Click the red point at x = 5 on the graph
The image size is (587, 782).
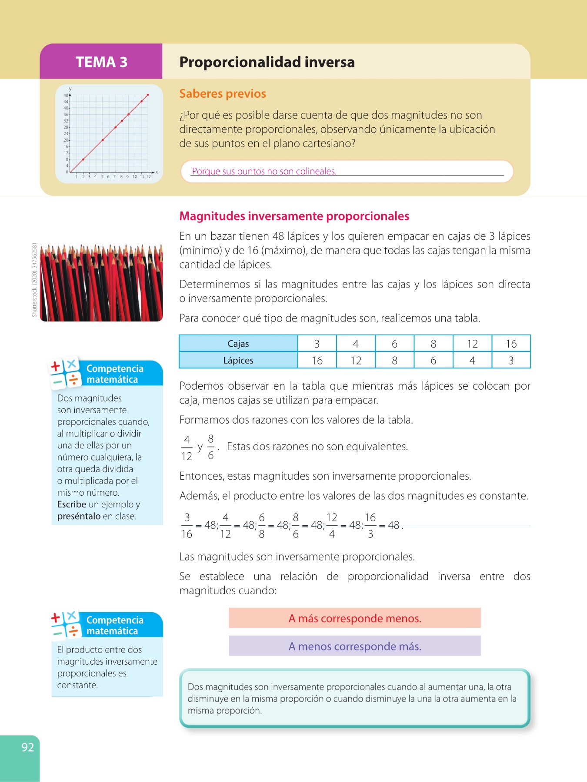pos(103,140)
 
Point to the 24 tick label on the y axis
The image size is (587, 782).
pos(66,134)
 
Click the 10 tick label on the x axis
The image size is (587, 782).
pos(135,177)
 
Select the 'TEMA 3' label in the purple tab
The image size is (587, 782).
pos(101,62)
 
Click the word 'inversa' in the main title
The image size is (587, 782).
pos(329,62)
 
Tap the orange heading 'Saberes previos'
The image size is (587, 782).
pos(223,94)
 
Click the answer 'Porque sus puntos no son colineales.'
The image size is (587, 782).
pos(264,171)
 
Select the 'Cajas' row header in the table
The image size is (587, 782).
pos(238,344)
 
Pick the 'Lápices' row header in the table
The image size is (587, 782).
pos(238,360)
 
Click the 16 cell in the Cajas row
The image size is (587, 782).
pos(511,344)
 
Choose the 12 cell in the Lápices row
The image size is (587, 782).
pos(356,360)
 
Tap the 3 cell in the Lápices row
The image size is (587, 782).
pos(511,360)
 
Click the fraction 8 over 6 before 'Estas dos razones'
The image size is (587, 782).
pos(211,447)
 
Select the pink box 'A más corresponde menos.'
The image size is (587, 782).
pos(355,618)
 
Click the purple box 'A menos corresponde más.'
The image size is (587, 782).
pos(355,646)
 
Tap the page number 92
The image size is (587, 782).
pos(27,747)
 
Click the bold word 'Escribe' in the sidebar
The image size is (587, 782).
pos(72,504)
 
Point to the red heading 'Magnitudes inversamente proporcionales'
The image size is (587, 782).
pos(294,216)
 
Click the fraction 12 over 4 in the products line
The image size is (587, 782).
pos(332,526)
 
